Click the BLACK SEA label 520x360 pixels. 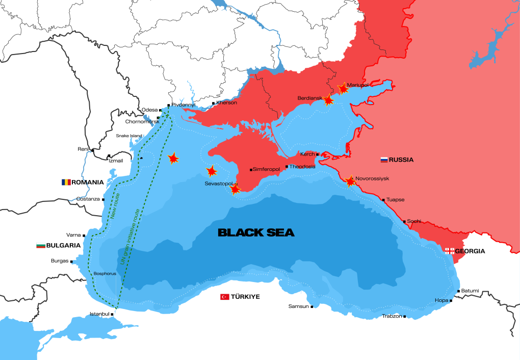coord(256,233)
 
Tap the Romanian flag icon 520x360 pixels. coord(66,182)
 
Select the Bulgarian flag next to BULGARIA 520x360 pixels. coord(40,245)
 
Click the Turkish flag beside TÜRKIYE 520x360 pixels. coord(224,297)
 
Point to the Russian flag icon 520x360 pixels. coord(384,160)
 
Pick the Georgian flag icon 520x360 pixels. coord(450,251)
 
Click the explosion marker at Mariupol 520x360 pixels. coord(343,89)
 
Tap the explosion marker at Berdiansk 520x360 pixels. coord(329,100)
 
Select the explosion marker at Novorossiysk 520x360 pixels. coord(350,181)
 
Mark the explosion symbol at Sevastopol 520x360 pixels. coord(235,189)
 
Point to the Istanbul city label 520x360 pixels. coord(99,314)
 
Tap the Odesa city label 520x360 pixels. coord(150,110)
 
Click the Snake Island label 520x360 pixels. coord(129,136)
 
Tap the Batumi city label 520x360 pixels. coord(470,291)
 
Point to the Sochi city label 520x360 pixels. coord(413,221)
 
